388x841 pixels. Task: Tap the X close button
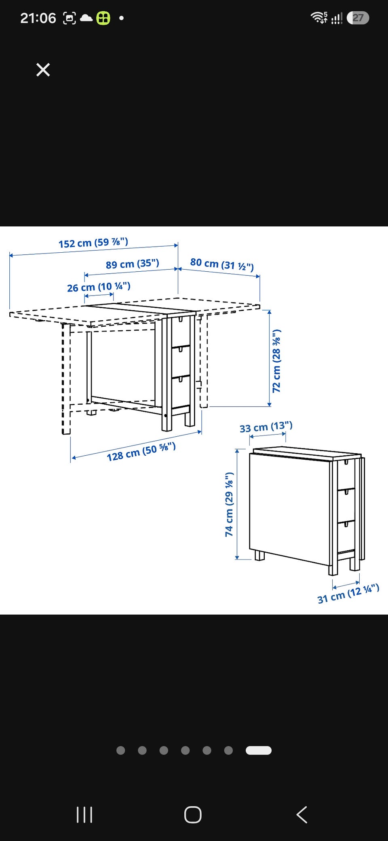(x=43, y=70)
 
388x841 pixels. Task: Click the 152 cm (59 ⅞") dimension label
(x=93, y=243)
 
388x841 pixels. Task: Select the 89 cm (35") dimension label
(x=133, y=264)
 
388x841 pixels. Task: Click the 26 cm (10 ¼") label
(x=99, y=287)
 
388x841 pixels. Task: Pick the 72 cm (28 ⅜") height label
(x=276, y=361)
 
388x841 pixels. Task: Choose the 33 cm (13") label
(x=266, y=427)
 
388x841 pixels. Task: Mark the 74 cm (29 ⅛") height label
(x=229, y=505)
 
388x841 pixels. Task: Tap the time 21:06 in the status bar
(x=38, y=18)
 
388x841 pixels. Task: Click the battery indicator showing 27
(x=358, y=18)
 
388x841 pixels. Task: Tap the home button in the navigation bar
(x=193, y=815)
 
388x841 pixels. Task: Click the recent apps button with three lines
(x=84, y=815)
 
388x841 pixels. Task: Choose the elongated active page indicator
(x=259, y=750)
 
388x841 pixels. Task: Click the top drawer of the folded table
(x=346, y=474)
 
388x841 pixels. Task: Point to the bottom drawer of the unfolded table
(x=181, y=391)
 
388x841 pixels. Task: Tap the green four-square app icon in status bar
(x=103, y=18)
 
